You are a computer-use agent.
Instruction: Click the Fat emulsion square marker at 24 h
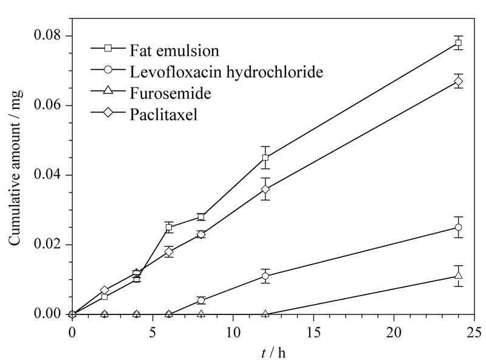pos(458,43)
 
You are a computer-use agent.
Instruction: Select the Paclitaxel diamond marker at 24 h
pos(458,81)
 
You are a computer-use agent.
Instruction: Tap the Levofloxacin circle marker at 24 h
pos(458,227)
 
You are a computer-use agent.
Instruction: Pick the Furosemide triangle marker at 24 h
pos(458,275)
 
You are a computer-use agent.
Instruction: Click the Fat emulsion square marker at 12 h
pos(265,157)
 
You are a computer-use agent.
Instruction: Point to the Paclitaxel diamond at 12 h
pos(265,189)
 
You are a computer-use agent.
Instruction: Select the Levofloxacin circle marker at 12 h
pos(265,276)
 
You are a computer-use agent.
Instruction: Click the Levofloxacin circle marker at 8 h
pos(201,300)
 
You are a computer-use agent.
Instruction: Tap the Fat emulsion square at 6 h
pos(169,227)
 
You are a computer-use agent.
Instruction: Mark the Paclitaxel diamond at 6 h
pos(169,252)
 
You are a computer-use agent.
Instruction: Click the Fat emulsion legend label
pos(174,51)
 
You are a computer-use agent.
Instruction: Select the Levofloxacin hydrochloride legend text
pos(226,72)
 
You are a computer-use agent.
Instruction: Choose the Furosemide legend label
pos(171,93)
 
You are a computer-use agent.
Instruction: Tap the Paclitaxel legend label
pos(163,114)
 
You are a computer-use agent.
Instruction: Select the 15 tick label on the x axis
pos(313,333)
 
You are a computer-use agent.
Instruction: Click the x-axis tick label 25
pos(474,333)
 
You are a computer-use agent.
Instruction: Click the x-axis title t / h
pos(273,353)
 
